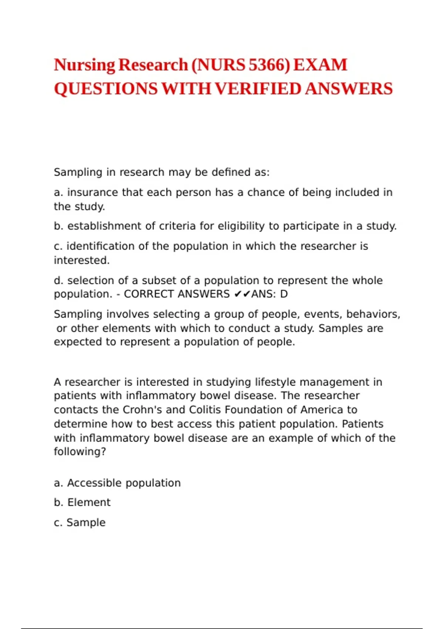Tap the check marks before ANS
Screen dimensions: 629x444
[242, 294]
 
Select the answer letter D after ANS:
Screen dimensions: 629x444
[284, 294]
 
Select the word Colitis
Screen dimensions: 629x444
[205, 410]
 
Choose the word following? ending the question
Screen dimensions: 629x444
[80, 452]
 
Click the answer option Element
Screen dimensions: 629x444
[89, 502]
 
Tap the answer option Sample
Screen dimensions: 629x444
[86, 522]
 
